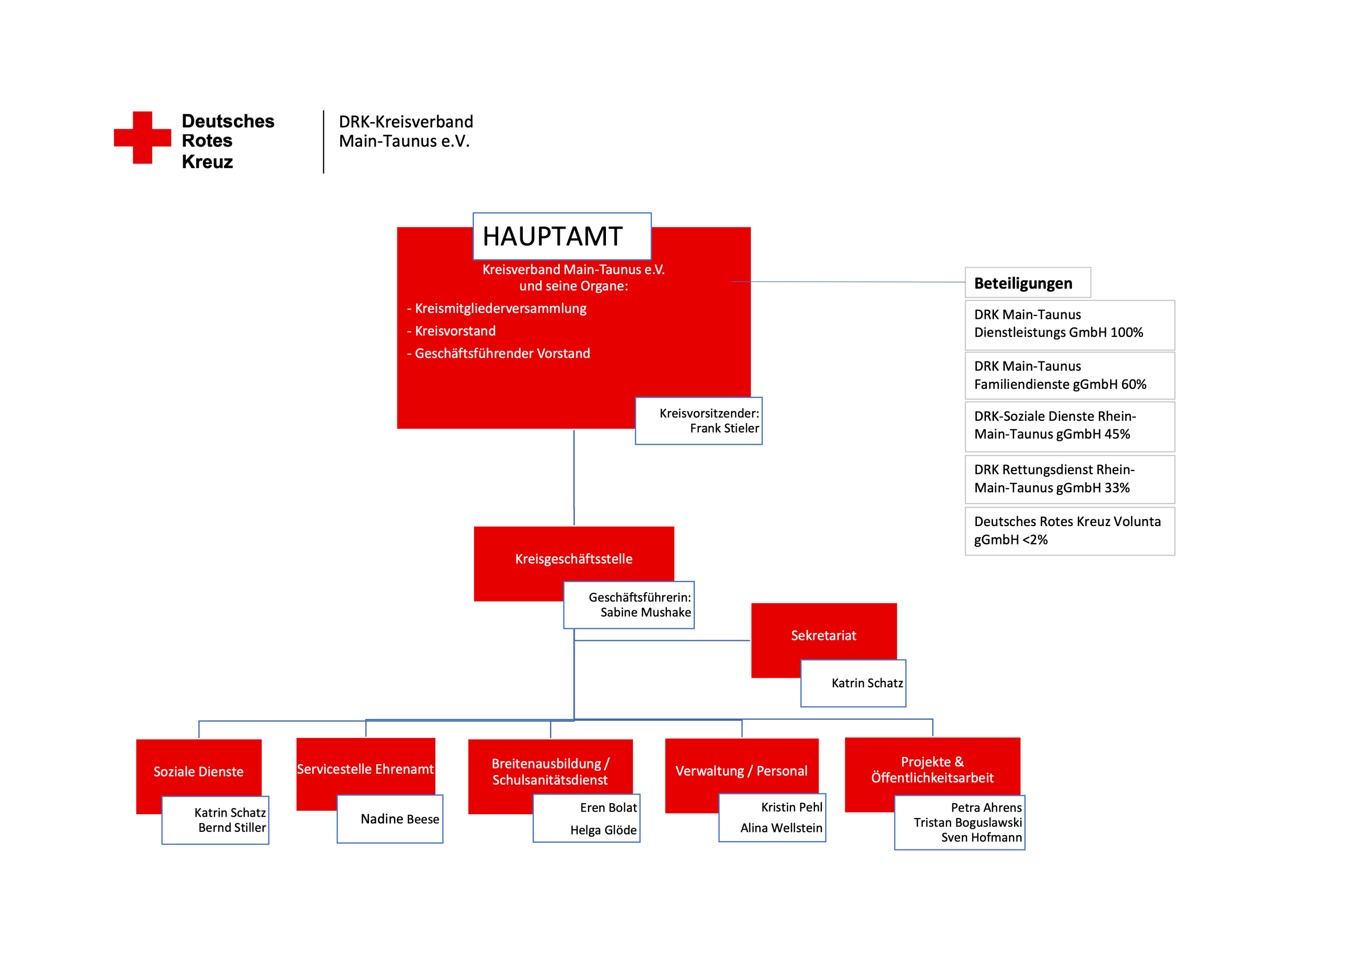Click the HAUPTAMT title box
coord(562,236)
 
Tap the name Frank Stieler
coord(724,428)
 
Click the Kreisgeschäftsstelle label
coord(573,559)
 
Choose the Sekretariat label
coord(823,636)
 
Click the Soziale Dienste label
coord(198,772)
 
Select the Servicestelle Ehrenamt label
coord(365,769)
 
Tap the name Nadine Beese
coord(400,819)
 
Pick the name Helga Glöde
coord(603,830)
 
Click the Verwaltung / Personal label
coord(742,771)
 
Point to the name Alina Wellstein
coord(781,828)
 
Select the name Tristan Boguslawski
coord(968,823)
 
